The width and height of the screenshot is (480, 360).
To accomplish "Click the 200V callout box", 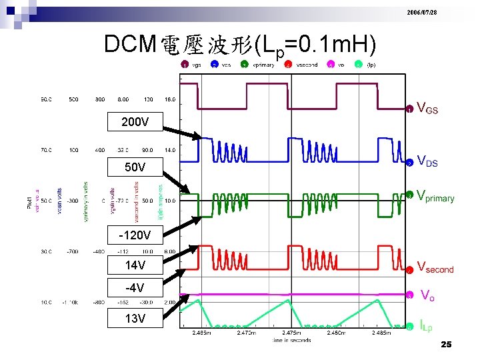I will click(x=135, y=123).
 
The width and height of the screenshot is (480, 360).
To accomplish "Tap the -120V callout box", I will click(x=135, y=235).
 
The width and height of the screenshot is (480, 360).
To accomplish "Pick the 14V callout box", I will click(x=135, y=265).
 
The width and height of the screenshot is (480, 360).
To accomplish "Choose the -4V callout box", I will click(x=135, y=289).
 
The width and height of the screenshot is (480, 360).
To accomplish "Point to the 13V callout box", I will click(x=135, y=318).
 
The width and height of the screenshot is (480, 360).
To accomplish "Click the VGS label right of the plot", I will click(x=427, y=107).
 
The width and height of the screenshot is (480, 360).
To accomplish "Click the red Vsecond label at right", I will click(x=435, y=269).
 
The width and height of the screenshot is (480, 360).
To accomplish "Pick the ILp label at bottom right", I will click(x=425, y=326).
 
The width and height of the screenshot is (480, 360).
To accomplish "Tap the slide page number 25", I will click(x=447, y=345).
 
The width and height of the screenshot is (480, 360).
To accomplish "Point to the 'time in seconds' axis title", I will click(x=291, y=340).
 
